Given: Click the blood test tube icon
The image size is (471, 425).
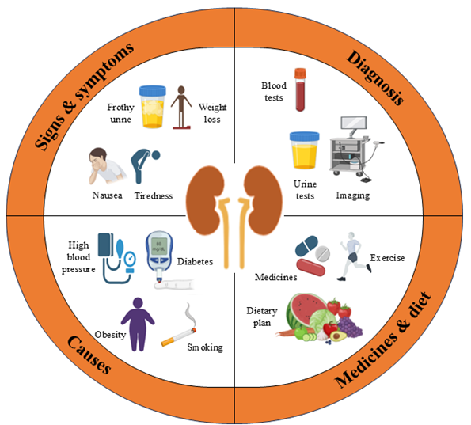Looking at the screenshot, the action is click(300, 89).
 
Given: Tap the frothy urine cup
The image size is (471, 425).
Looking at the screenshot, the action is click(152, 107).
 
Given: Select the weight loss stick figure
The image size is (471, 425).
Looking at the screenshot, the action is click(181, 108).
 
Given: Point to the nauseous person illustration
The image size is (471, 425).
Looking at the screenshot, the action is click(106, 165).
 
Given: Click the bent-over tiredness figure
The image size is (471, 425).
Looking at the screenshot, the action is click(143, 165).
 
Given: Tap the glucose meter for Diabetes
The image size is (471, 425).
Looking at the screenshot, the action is click(159, 256).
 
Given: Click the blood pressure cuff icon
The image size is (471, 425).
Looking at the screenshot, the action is click(117, 258).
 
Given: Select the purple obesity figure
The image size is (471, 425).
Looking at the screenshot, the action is click(138, 324).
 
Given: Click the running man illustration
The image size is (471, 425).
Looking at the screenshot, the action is click(354, 256).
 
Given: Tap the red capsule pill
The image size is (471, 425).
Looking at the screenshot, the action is click(310, 268).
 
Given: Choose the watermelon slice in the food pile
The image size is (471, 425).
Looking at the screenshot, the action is click(304, 309).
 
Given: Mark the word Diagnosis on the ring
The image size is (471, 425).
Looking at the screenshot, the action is click(375, 78).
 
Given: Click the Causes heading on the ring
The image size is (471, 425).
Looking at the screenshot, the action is click(89, 355).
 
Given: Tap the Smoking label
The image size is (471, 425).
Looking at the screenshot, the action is click(205, 347).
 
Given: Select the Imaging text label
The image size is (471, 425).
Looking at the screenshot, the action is click(353, 195).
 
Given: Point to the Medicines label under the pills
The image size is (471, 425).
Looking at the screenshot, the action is click(275, 277).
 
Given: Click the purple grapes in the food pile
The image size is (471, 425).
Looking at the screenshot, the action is click(351, 327).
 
